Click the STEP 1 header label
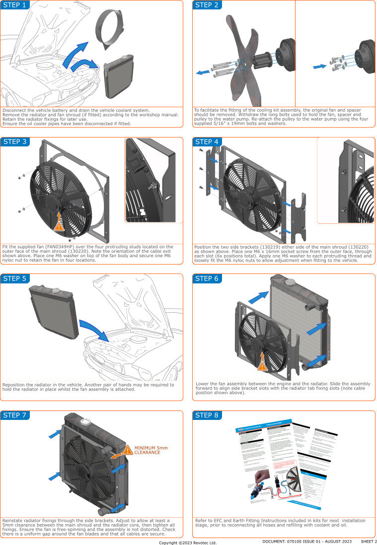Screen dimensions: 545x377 pyautogui.click(x=14, y=5)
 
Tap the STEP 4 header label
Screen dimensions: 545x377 pyautogui.click(x=207, y=142)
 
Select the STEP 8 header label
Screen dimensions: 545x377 pyautogui.click(x=207, y=415)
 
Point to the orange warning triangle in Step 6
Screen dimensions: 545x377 pyautogui.click(x=262, y=366)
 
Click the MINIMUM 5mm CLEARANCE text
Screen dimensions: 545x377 pyautogui.click(x=151, y=450)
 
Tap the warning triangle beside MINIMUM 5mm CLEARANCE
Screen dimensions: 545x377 pyautogui.click(x=128, y=450)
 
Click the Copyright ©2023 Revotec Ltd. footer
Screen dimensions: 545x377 pyautogui.click(x=188, y=543)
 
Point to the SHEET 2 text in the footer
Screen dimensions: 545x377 pyautogui.click(x=369, y=542)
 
